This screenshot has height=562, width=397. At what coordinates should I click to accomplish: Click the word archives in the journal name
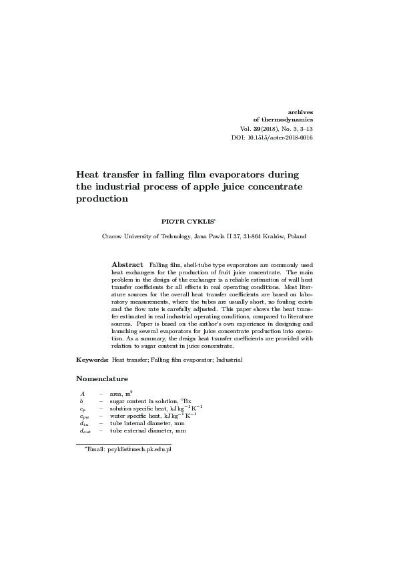[x=299, y=111]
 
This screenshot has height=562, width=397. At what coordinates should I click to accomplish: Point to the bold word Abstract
[x=127, y=264]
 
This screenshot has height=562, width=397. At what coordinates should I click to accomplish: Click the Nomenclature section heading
[x=101, y=378]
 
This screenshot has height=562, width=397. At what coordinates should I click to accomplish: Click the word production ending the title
[x=101, y=198]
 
